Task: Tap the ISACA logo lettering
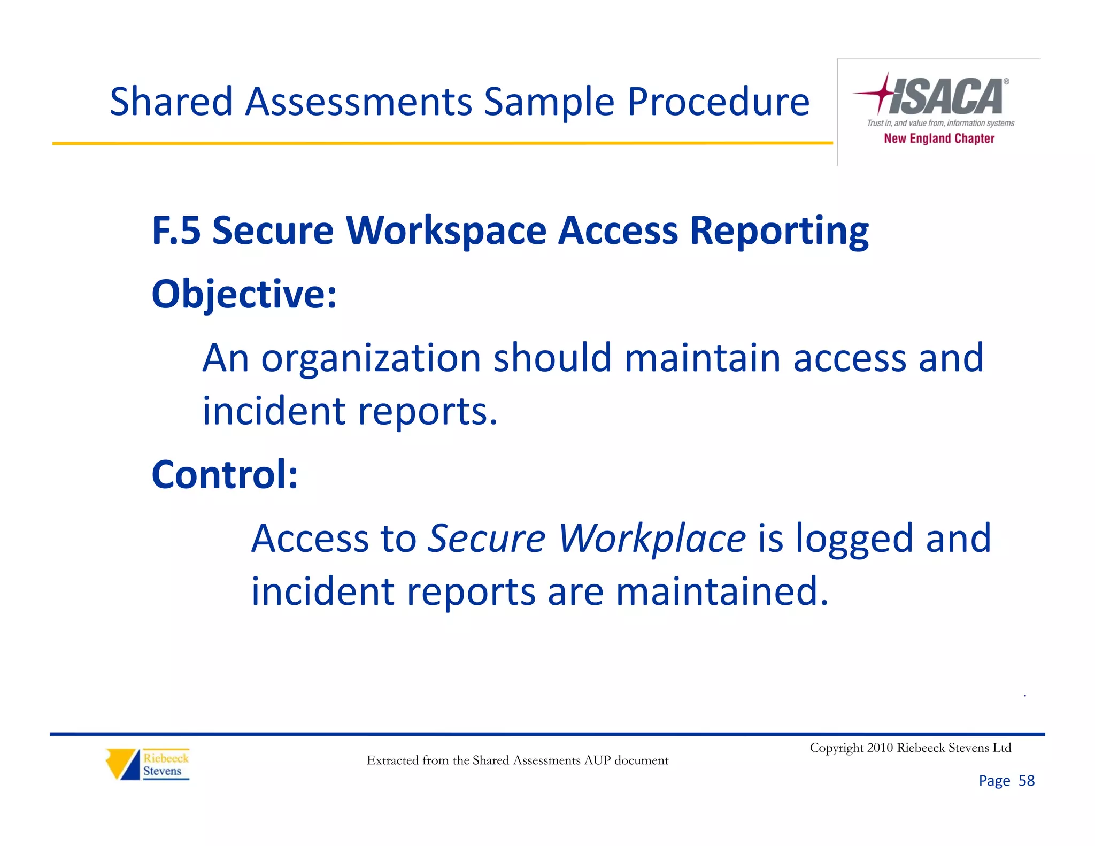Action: (x=946, y=96)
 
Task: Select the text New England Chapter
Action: (x=939, y=139)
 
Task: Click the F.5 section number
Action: (x=176, y=231)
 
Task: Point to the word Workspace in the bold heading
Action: (x=446, y=231)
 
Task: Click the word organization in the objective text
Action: (x=371, y=358)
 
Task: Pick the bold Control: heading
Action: (x=225, y=475)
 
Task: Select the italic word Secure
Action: (x=487, y=538)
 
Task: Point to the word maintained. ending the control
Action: (x=722, y=591)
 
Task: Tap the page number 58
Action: (x=1026, y=781)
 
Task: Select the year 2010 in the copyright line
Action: (x=880, y=748)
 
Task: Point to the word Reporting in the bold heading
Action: (x=779, y=231)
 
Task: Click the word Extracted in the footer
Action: (x=392, y=760)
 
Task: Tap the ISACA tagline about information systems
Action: (x=940, y=123)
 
